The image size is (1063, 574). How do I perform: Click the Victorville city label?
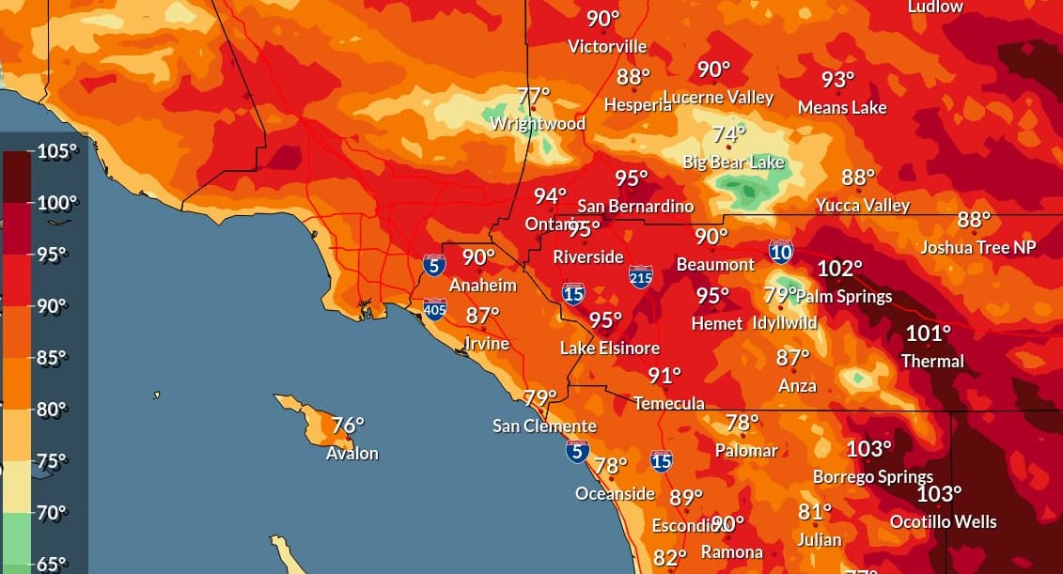tap(607, 46)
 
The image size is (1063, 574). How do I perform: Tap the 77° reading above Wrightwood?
tap(533, 96)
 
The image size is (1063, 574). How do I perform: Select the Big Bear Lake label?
tap(733, 163)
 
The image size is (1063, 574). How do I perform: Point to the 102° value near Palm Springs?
tap(839, 269)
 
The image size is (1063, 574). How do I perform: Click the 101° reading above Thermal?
tap(928, 333)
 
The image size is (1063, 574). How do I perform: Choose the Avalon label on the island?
tap(352, 454)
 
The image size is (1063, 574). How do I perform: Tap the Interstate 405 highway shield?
tap(434, 309)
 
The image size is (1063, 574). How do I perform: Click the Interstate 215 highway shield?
tap(641, 276)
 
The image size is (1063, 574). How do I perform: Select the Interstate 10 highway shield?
tap(780, 251)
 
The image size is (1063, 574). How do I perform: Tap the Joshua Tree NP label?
tap(977, 248)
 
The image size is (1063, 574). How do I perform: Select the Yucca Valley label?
tap(862, 205)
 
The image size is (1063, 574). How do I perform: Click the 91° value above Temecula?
tap(664, 376)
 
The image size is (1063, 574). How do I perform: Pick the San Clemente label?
tap(544, 427)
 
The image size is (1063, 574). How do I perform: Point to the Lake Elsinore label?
tap(609, 349)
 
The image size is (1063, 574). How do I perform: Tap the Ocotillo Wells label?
tap(943, 521)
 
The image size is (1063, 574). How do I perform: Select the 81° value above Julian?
tap(815, 512)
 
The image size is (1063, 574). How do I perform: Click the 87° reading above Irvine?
tap(482, 317)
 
